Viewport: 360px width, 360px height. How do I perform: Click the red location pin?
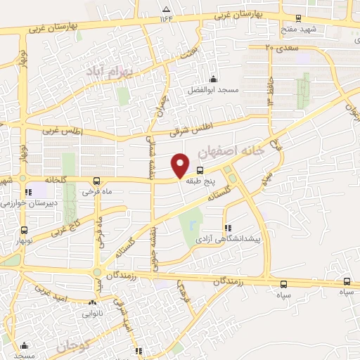pyautogui.click(x=181, y=165)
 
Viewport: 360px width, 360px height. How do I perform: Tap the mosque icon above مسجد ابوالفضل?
pyautogui.click(x=213, y=79)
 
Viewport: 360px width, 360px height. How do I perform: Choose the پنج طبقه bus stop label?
pyautogui.click(x=200, y=181)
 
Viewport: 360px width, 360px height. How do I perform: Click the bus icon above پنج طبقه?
pyautogui.click(x=200, y=170)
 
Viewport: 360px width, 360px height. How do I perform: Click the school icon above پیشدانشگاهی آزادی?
pyautogui.click(x=227, y=228)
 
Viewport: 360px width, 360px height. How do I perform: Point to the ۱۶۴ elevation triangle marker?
pyautogui.click(x=166, y=10)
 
